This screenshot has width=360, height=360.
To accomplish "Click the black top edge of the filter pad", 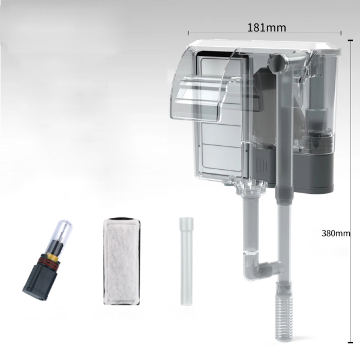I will [x=121, y=222].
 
